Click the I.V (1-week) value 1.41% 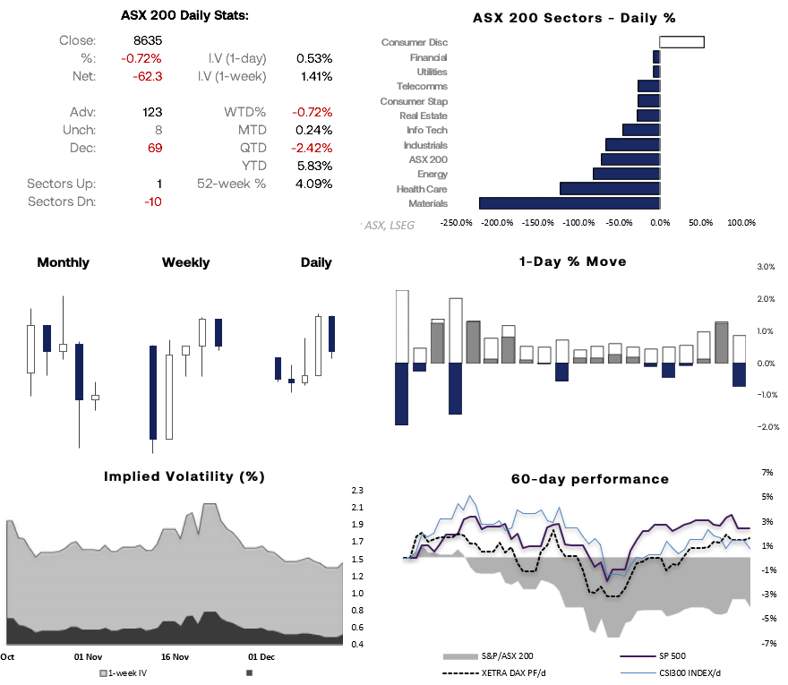(x=314, y=76)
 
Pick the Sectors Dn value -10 (x=152, y=201)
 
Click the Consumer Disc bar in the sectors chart (x=681, y=42)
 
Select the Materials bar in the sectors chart (x=570, y=203)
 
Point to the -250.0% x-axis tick (x=456, y=223)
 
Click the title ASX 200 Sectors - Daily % (x=574, y=18)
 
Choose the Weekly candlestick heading (x=185, y=262)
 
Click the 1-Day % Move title (x=572, y=261)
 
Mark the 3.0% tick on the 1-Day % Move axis (x=766, y=267)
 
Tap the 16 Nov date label (x=175, y=657)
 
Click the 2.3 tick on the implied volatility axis (x=357, y=491)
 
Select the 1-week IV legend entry (x=126, y=672)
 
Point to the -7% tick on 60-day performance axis (x=767, y=644)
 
